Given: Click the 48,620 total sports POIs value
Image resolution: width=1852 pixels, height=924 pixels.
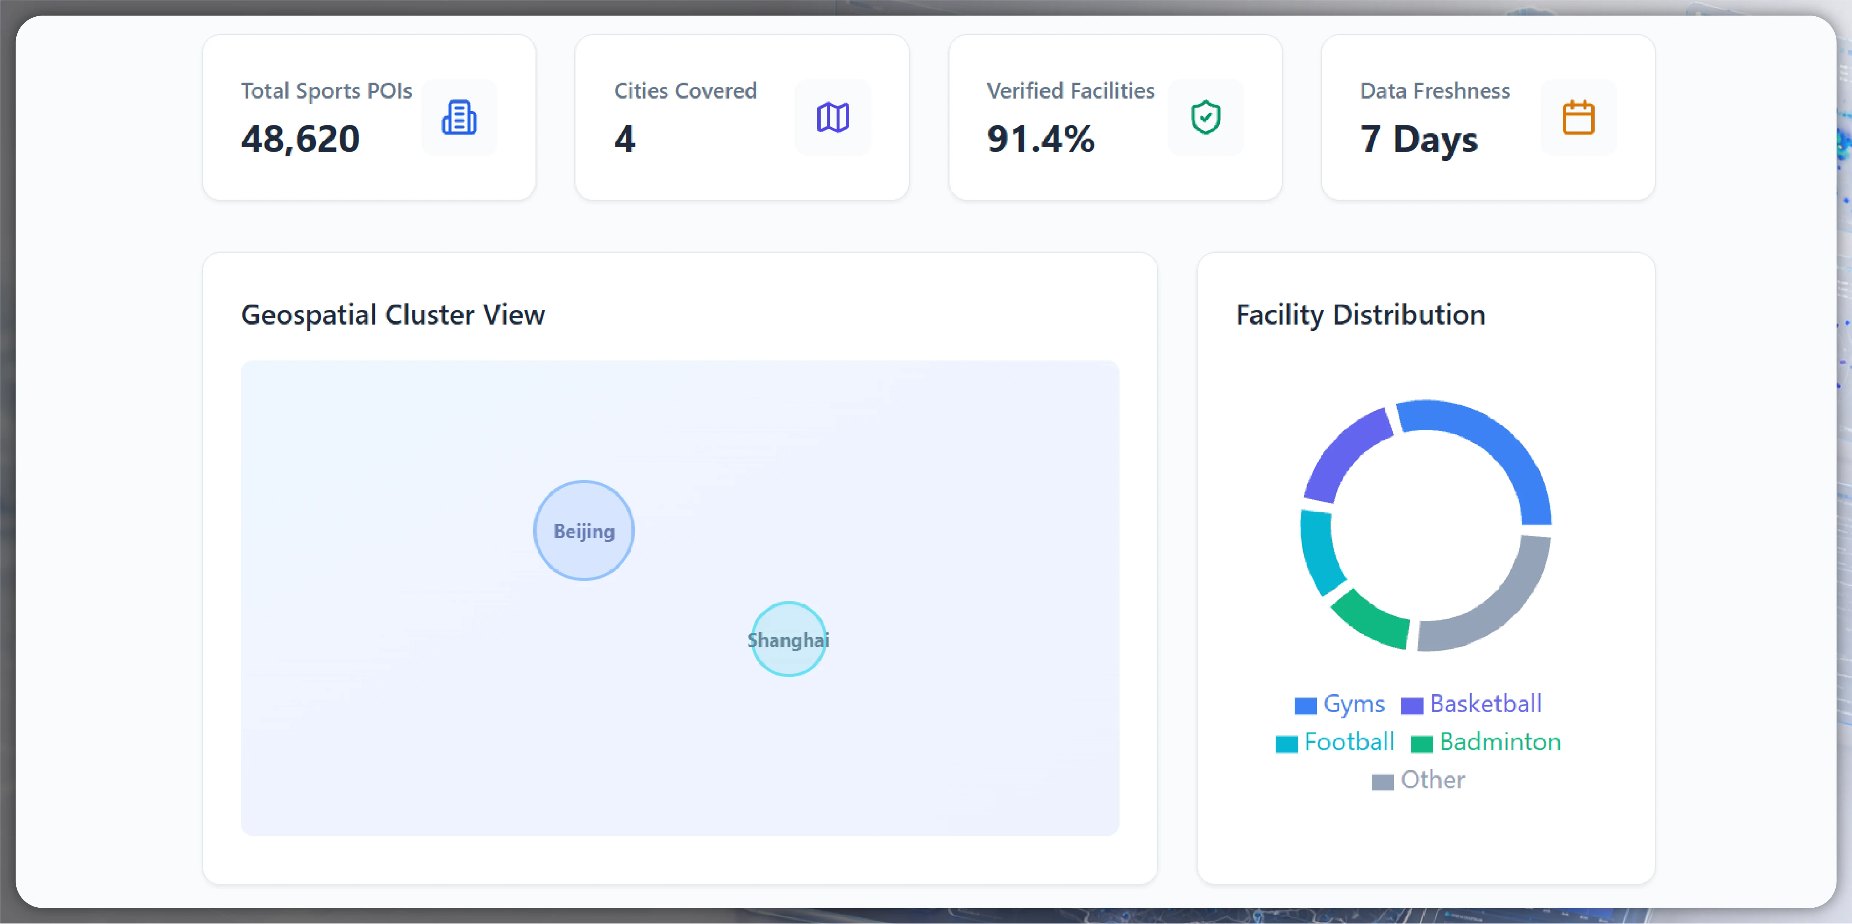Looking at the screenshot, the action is point(300,139).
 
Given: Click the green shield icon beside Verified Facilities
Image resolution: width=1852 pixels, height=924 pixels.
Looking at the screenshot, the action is point(1206,117).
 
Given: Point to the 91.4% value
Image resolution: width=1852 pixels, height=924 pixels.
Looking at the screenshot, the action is point(1040,139).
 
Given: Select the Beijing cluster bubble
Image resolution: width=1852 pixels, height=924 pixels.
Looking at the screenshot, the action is point(584,531).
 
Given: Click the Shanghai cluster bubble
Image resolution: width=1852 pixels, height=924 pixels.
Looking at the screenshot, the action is point(789,639).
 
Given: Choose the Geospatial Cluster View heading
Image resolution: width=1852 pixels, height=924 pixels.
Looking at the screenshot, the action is point(393,315).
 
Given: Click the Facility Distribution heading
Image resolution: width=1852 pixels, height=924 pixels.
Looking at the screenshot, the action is point(1360,315).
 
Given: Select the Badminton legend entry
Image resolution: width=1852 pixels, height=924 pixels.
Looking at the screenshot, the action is point(1486,742).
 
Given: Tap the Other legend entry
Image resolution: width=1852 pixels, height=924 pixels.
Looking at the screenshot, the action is point(1418,780).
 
